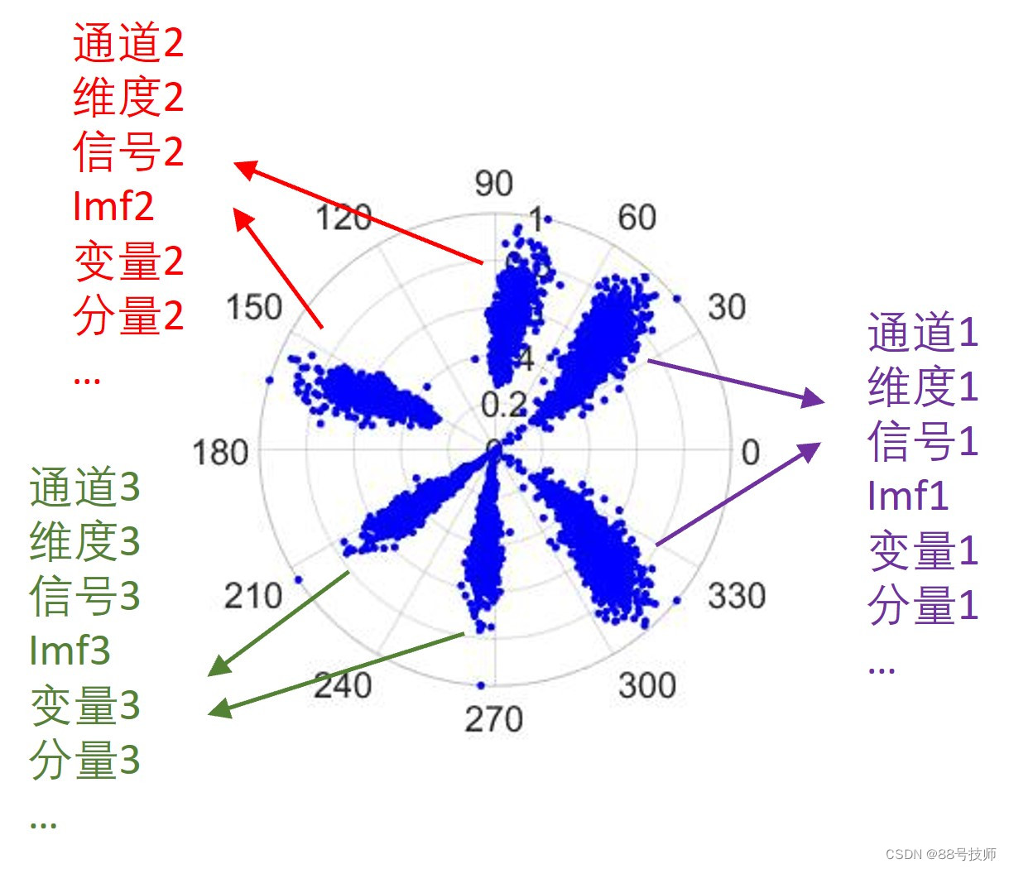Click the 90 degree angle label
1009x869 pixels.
pyautogui.click(x=494, y=184)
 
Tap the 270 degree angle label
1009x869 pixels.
pyautogui.click(x=493, y=719)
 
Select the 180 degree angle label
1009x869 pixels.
pyautogui.click(x=220, y=454)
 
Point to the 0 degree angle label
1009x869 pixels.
pyautogui.click(x=750, y=453)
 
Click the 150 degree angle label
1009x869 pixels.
pyautogui.click(x=254, y=308)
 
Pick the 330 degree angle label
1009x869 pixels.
pyautogui.click(x=736, y=596)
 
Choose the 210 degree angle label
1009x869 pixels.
pyautogui.click(x=253, y=596)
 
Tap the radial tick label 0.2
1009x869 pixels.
pyautogui.click(x=503, y=406)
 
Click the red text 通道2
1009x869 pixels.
pyautogui.click(x=128, y=43)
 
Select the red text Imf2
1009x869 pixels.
pyautogui.click(x=113, y=206)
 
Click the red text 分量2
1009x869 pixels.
pyautogui.click(x=128, y=315)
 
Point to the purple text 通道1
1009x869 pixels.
pyautogui.click(x=923, y=333)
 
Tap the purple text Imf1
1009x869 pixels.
pyautogui.click(x=907, y=497)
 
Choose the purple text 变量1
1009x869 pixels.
pyautogui.click(x=923, y=551)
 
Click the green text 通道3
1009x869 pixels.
pyautogui.click(x=84, y=487)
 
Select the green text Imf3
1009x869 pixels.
pyautogui.click(x=70, y=651)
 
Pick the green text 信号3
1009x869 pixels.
pyautogui.click(x=84, y=596)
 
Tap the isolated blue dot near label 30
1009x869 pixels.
pyautogui.click(x=677, y=299)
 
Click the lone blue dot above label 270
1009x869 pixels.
pyautogui.click(x=480, y=685)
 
